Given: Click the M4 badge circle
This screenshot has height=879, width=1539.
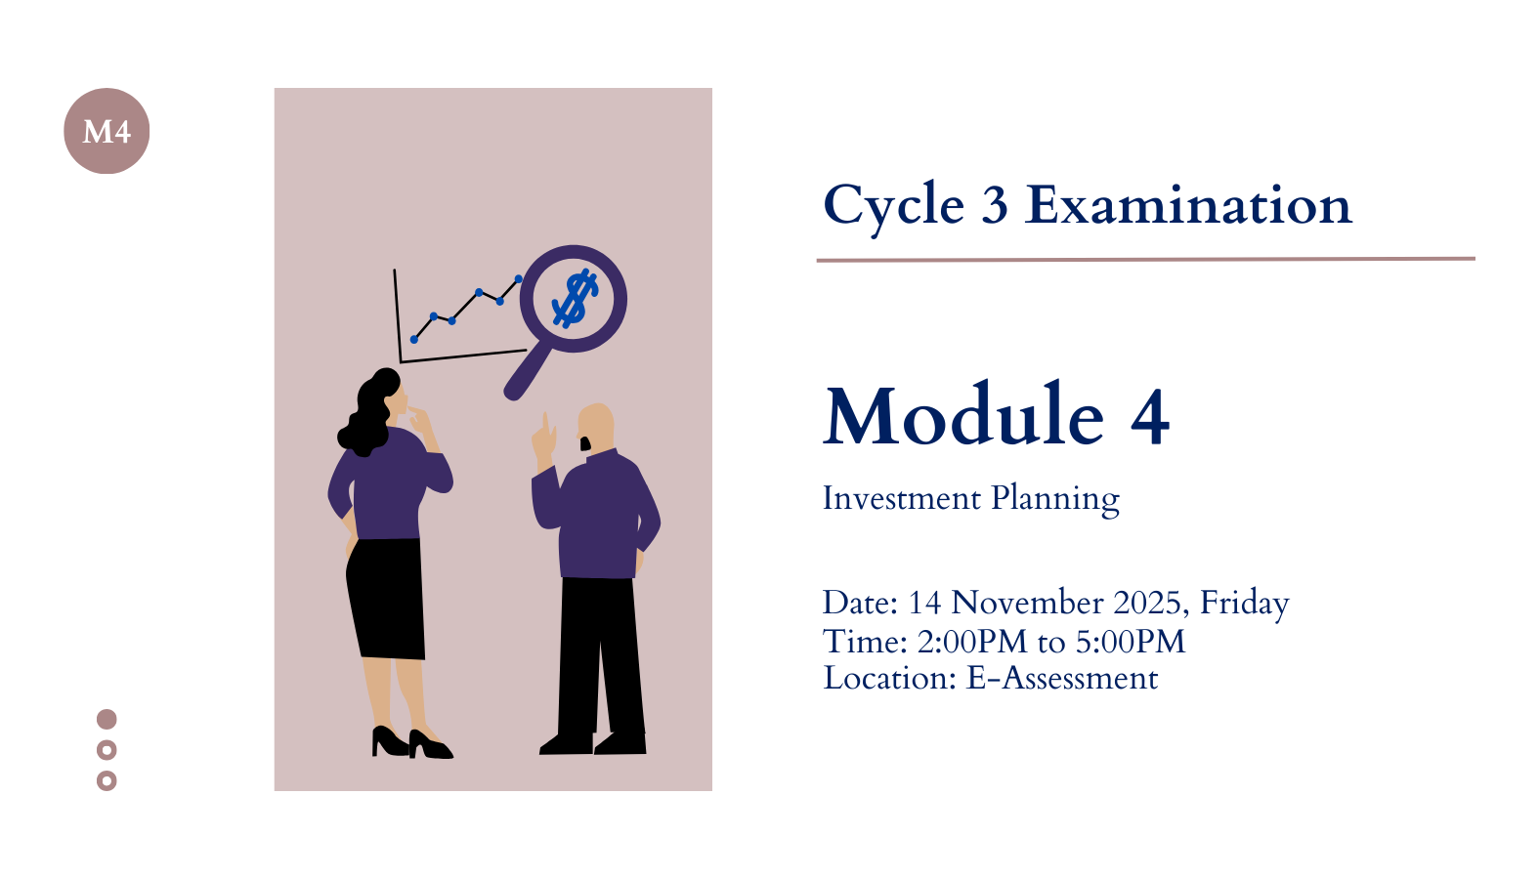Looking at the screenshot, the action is [107, 131].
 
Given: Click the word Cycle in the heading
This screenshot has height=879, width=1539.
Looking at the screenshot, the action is [894, 207].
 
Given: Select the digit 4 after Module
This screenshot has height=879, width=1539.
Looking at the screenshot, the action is [1150, 418].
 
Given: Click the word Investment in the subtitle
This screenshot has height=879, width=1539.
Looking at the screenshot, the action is [902, 498].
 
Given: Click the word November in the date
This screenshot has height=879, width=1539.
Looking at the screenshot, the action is [1028, 603].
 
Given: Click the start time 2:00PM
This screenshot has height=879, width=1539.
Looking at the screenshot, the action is [972, 642].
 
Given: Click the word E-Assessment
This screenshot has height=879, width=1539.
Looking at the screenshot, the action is [1062, 679].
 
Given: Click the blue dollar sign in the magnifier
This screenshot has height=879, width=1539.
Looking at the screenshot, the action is [576, 298].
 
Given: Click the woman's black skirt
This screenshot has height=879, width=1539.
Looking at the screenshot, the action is [386, 598].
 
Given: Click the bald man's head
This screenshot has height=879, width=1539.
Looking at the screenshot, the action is [596, 427].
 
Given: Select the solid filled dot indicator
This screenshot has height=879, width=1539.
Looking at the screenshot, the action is [107, 719].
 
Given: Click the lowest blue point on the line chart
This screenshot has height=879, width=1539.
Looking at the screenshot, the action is [414, 339].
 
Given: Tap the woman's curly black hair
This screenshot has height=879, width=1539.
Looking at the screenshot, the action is [369, 412].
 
